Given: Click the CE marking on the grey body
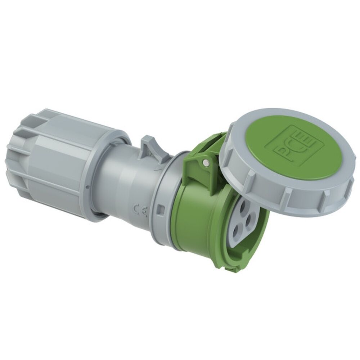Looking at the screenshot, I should (140, 209).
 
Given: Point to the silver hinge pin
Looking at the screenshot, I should (205, 163).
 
